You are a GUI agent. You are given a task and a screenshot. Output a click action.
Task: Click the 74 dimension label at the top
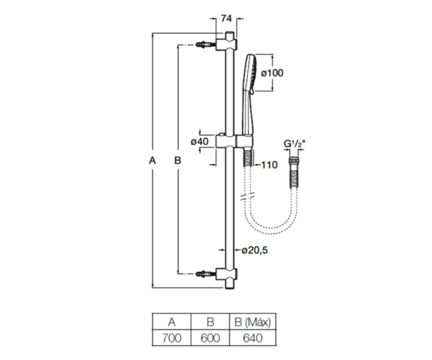(226, 19)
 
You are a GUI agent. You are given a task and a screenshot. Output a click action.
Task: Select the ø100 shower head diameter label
(272, 73)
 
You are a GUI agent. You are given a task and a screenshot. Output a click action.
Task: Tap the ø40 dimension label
(199, 142)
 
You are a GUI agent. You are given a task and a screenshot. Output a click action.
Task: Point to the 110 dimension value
(269, 165)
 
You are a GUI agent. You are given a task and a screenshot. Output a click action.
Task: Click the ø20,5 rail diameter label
(255, 250)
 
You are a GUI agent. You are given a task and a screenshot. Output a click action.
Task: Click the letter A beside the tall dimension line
(153, 160)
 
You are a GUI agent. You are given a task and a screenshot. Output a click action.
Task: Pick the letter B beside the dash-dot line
(178, 160)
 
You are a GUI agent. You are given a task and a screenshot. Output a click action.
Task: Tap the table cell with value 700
(171, 338)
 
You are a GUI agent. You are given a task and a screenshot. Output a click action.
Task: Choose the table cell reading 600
(210, 338)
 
